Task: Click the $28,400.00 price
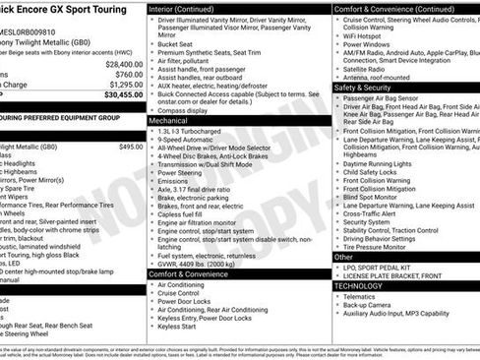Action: pyautogui.click(x=124, y=63)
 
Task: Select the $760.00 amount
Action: pyautogui.click(x=128, y=74)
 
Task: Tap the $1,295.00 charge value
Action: pyautogui.click(x=124, y=85)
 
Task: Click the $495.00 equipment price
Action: pyautogui.click(x=130, y=146)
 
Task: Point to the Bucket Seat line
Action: pyautogui.click(x=176, y=44)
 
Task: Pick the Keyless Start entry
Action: pyautogui.click(x=177, y=326)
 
